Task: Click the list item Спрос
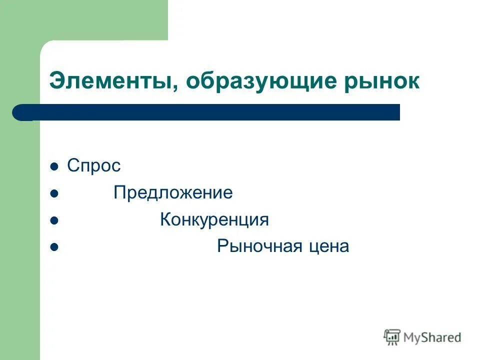pyautogui.click(x=94, y=166)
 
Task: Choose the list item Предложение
pyautogui.click(x=173, y=193)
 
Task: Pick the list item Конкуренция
pyautogui.click(x=214, y=220)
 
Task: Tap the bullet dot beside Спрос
pyautogui.click(x=55, y=166)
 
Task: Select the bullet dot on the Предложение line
pyautogui.click(x=55, y=193)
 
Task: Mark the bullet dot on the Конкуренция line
pyautogui.click(x=55, y=220)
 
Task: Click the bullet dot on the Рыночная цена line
pyautogui.click(x=55, y=247)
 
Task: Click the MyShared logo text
pyautogui.click(x=432, y=337)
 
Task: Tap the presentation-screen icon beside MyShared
pyautogui.click(x=392, y=337)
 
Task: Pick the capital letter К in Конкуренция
pyautogui.click(x=165, y=220)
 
